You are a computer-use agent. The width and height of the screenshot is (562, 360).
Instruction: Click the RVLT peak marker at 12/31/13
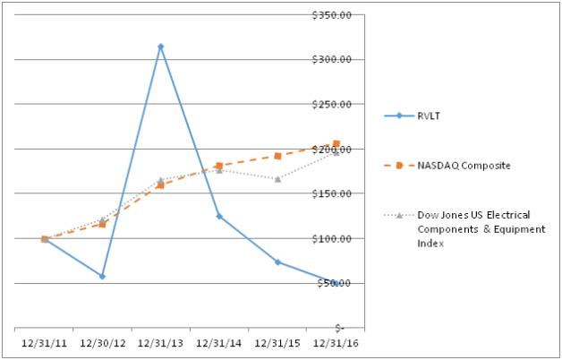[x=161, y=47]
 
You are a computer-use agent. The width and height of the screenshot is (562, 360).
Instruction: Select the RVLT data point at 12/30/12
[x=102, y=276]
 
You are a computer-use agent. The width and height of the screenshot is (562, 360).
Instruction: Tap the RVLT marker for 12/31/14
[x=219, y=216]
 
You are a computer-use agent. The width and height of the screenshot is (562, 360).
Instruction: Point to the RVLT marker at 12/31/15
[x=277, y=261]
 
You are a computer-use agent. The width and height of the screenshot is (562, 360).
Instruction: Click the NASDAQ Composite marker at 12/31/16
[x=336, y=143]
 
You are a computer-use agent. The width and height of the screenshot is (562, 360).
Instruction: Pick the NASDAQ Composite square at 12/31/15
[x=277, y=156]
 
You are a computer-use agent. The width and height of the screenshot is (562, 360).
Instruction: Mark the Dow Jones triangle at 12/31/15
[x=277, y=179]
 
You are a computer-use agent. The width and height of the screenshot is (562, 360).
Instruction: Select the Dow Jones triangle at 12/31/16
[x=336, y=152]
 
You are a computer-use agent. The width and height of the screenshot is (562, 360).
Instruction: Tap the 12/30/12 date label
[x=102, y=341]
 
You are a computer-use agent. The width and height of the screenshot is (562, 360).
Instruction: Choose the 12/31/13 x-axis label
[x=161, y=341]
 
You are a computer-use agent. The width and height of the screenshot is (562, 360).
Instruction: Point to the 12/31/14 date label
[x=219, y=341]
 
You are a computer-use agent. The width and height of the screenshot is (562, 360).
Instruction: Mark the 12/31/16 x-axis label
[x=336, y=341]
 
